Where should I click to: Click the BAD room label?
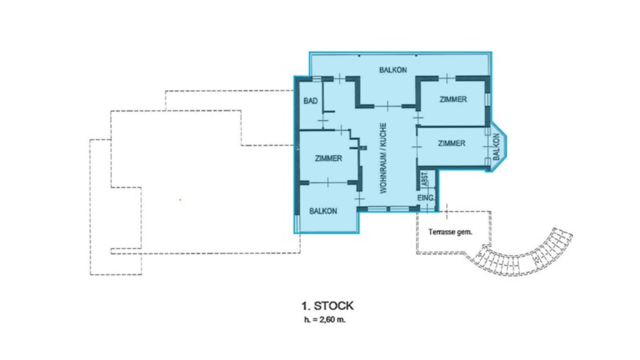pyautogui.click(x=310, y=101)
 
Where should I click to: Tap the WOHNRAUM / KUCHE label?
pyautogui.click(x=383, y=158)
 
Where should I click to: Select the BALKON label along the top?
pyautogui.click(x=393, y=70)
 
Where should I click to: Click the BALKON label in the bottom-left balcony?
pyautogui.click(x=323, y=211)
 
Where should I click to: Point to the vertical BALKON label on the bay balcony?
pyautogui.click(x=496, y=147)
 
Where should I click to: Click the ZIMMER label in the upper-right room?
pyautogui.click(x=453, y=99)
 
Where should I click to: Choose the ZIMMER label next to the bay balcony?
pyautogui.click(x=451, y=143)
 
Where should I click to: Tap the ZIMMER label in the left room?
pyautogui.click(x=328, y=158)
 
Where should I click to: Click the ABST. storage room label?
pyautogui.click(x=425, y=179)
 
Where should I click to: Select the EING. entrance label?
pyautogui.click(x=426, y=198)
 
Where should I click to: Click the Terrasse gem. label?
pyautogui.click(x=450, y=232)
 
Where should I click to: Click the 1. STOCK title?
pyautogui.click(x=327, y=306)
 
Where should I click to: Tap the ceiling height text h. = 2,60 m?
pyautogui.click(x=325, y=319)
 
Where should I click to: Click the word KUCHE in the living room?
pyautogui.click(x=383, y=134)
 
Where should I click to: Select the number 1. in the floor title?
pyautogui.click(x=306, y=306)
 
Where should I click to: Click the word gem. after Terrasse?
pyautogui.click(x=465, y=232)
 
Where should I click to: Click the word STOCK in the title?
pyautogui.click(x=334, y=306)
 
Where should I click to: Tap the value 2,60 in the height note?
pyautogui.click(x=329, y=319)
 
